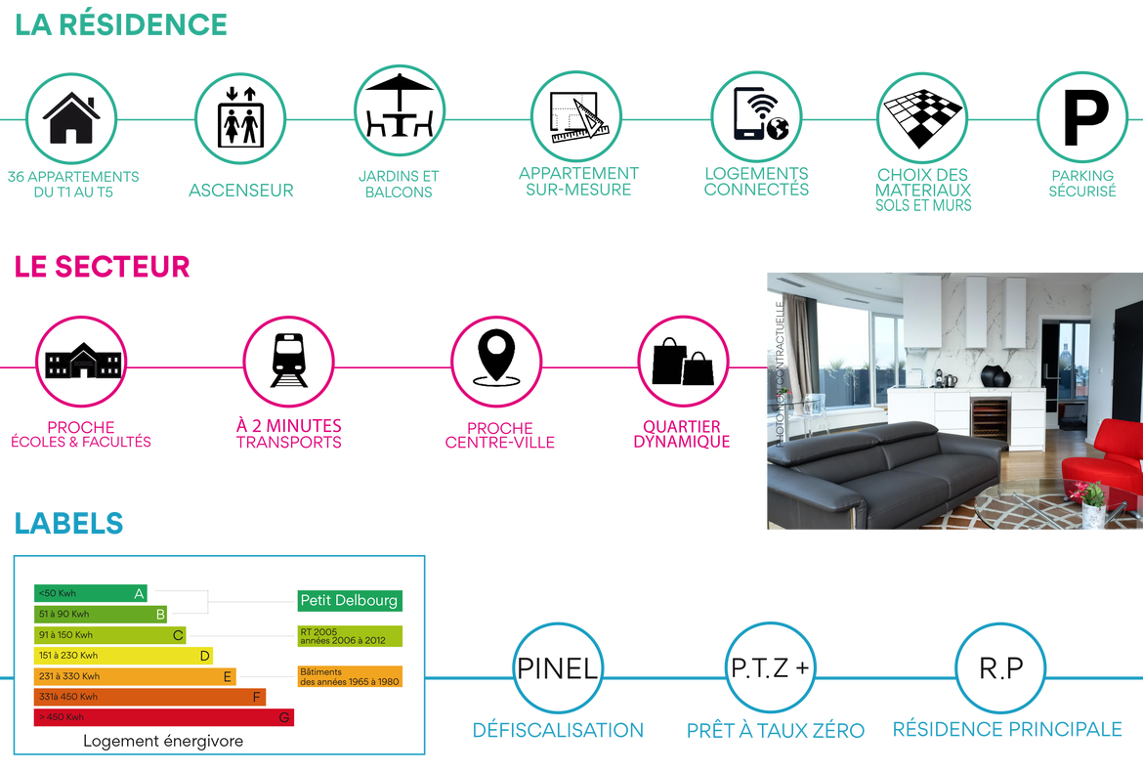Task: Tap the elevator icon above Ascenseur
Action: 240,116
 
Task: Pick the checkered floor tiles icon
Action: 923,116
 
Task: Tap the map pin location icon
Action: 496,358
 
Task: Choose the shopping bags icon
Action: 683,362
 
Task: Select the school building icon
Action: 82,361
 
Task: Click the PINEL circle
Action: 558,667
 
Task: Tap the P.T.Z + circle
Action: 771,667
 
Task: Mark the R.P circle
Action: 1000,667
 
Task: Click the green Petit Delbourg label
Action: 350,601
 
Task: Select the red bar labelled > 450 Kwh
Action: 164,717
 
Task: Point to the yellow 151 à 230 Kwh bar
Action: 123,656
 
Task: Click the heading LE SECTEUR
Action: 102,267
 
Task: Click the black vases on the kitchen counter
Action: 995,375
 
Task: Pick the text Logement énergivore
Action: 163,741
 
